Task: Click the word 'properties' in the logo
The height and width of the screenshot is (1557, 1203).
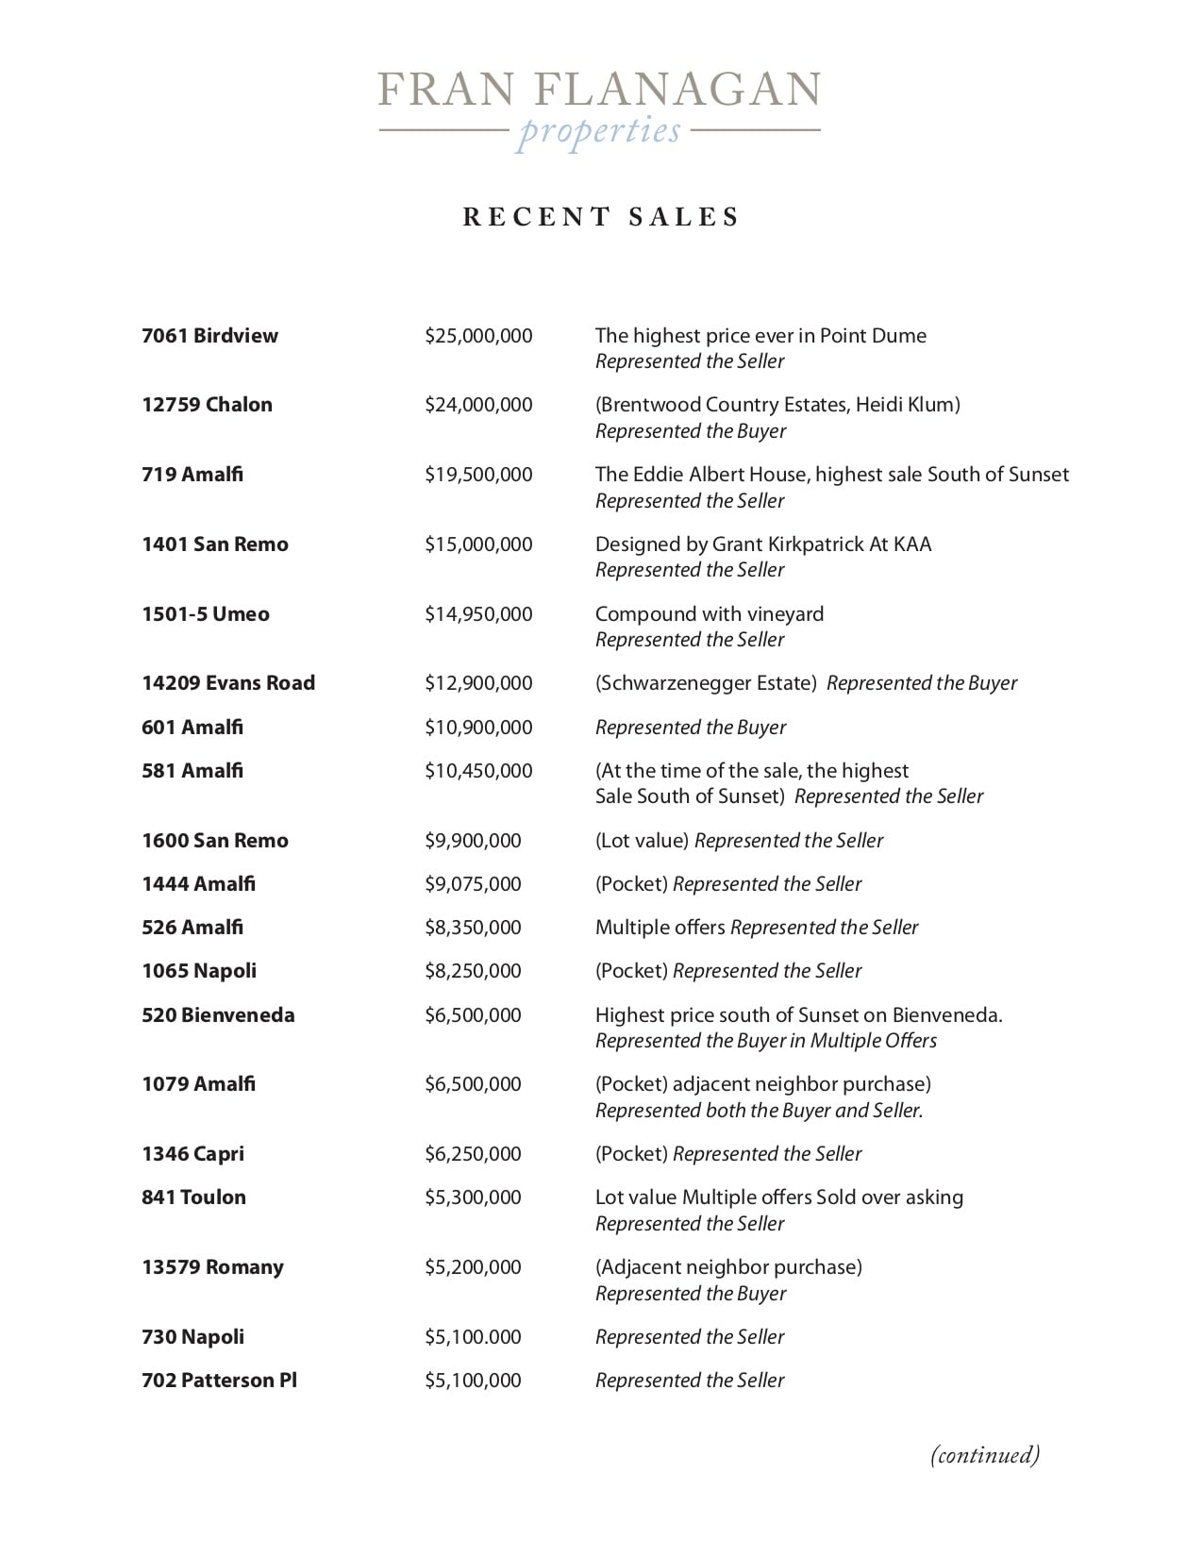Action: point(599,131)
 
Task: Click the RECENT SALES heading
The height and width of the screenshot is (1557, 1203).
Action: point(601,217)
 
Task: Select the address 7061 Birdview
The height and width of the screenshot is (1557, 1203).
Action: point(209,336)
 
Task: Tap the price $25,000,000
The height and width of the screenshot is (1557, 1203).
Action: point(478,336)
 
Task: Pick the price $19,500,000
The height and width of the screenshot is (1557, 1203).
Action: point(478,475)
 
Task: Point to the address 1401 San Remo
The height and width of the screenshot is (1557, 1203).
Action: point(215,544)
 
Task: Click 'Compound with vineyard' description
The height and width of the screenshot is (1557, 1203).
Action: point(710,614)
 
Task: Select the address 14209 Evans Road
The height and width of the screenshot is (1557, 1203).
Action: point(228,683)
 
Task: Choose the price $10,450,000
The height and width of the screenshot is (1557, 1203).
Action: point(478,771)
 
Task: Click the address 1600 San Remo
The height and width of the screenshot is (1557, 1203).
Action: point(215,841)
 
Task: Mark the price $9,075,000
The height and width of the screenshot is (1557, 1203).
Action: point(473,884)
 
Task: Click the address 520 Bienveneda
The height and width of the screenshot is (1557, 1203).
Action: point(218,1015)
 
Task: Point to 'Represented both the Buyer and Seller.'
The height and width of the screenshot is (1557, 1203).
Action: point(759,1111)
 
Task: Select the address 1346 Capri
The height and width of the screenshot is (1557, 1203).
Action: point(192,1154)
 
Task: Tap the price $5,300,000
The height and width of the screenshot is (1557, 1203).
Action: point(473,1197)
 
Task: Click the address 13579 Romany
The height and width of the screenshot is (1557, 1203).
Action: point(212,1267)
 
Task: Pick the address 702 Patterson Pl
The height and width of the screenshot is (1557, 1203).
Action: point(219,1381)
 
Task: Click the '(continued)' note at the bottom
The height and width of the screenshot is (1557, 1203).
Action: point(985,1454)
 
